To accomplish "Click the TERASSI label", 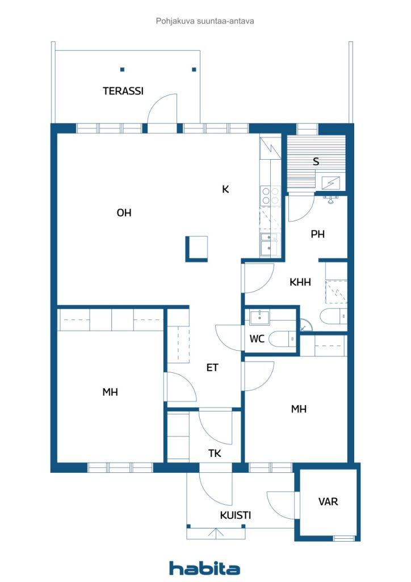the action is coord(123,91).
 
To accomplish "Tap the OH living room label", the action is coord(124,213).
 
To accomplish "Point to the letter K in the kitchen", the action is coord(225,189).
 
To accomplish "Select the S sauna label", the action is coord(316,161).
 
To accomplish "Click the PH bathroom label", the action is coord(317,234).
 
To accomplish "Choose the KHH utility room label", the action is coord(300,282).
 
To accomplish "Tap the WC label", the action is coord(257,339).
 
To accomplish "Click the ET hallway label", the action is coord(212,368).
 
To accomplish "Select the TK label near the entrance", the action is coord(215,453).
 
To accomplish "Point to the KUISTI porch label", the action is coord(236,515).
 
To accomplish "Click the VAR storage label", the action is coord(328,502).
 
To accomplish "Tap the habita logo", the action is coord(204,568).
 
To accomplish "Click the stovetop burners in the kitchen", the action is coord(271,196).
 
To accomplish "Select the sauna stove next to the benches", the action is coord(330,183).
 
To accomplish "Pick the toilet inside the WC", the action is coord(282,339).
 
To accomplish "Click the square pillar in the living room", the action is coord(196,249).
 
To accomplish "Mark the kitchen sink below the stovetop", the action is coord(270,244).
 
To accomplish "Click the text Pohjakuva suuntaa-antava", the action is coord(205,21).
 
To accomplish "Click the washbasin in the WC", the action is coord(259,318).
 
